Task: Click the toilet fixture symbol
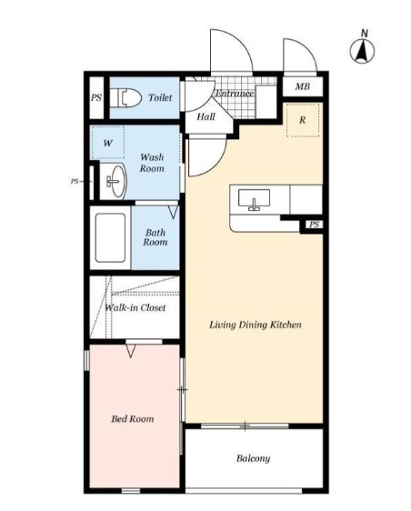(x=125, y=97)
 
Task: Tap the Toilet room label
(x=160, y=97)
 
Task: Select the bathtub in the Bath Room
(x=110, y=237)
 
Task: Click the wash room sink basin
(x=116, y=181)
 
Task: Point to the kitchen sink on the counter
(x=254, y=199)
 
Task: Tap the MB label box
(x=303, y=86)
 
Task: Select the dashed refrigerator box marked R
(x=303, y=120)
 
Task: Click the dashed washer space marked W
(x=108, y=143)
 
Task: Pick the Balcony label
(x=254, y=458)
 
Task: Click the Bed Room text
(x=133, y=418)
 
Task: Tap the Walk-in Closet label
(x=135, y=307)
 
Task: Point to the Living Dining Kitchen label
(x=256, y=325)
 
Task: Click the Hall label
(x=205, y=116)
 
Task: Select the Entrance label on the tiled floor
(x=235, y=94)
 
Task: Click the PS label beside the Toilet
(x=96, y=97)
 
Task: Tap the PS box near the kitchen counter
(x=315, y=225)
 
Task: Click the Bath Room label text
(x=155, y=237)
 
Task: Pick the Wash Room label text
(x=152, y=163)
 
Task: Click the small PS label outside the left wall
(x=75, y=181)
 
